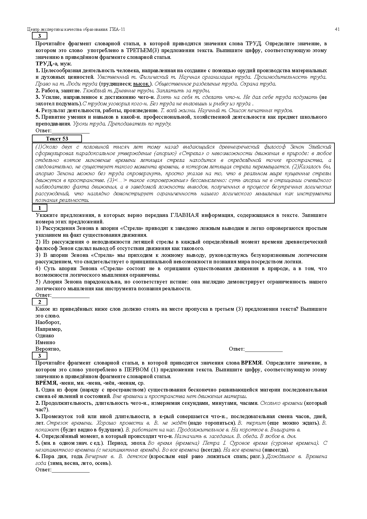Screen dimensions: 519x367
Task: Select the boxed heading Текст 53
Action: point(57,139)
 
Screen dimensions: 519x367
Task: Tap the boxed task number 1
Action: point(40,208)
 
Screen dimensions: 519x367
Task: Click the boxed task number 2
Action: point(40,302)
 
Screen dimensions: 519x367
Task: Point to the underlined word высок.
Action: point(141,84)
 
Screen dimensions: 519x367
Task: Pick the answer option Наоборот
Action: point(48,322)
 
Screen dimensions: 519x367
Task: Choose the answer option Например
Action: point(48,329)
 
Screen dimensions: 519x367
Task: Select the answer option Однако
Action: point(45,336)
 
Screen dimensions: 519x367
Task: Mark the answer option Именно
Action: point(45,342)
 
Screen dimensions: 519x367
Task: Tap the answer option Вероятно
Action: point(48,349)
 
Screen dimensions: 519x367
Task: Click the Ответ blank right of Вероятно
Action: point(263,349)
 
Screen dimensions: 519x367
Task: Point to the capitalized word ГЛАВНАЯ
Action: point(184,215)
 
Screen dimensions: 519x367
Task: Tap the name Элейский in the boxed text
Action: point(320,147)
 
